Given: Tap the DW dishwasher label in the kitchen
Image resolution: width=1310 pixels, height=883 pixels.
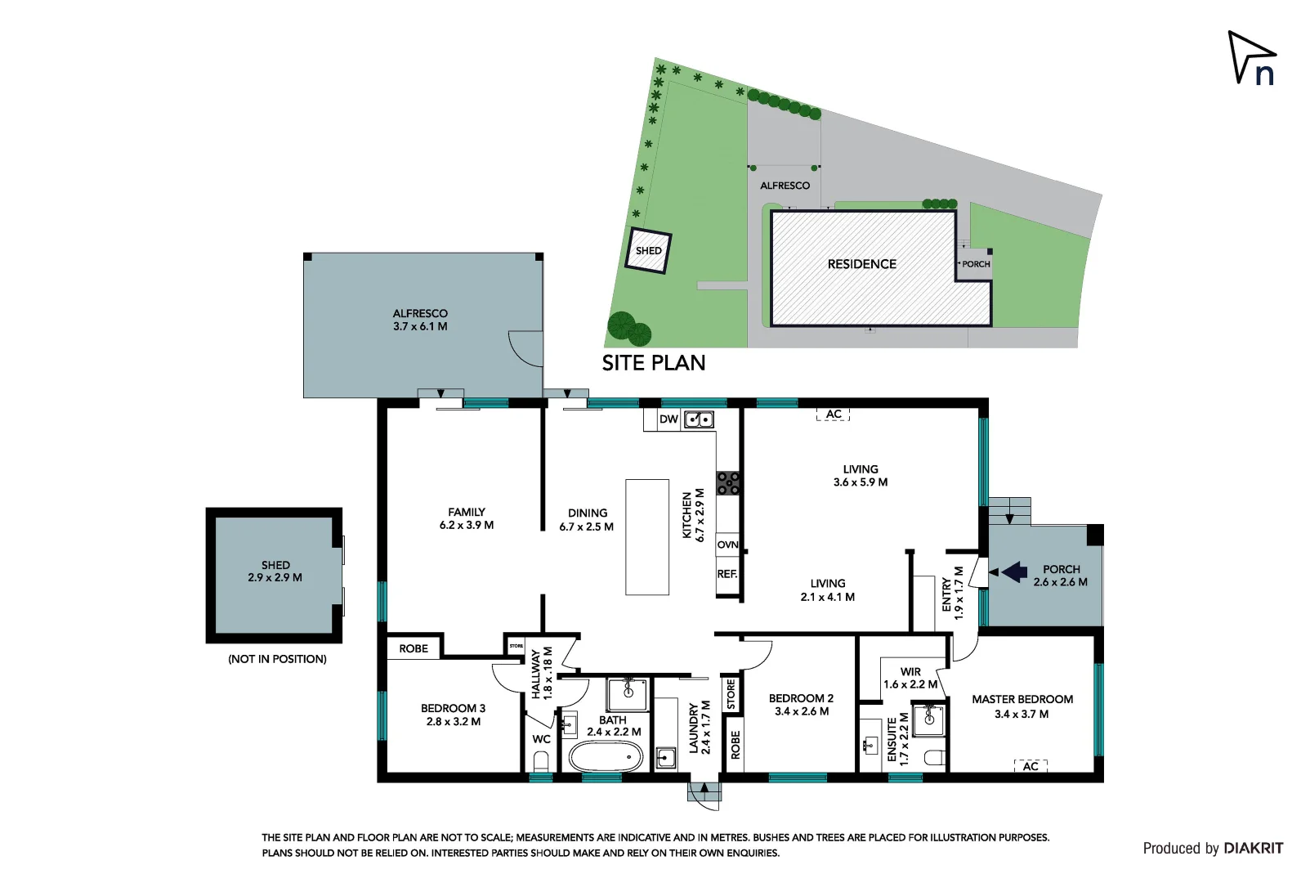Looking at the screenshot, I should pyautogui.click(x=668, y=419).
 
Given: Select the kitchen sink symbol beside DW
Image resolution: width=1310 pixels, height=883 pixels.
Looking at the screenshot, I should pyautogui.click(x=699, y=419).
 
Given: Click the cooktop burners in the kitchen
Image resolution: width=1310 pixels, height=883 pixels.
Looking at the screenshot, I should pyautogui.click(x=728, y=483).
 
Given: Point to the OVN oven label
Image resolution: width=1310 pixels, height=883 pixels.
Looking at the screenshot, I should pyautogui.click(x=727, y=545).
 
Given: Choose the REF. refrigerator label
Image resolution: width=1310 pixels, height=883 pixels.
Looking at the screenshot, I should pyautogui.click(x=727, y=574).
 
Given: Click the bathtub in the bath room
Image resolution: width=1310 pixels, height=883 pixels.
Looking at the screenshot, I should pyautogui.click(x=606, y=757).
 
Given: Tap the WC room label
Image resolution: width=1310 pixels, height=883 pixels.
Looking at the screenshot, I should pyautogui.click(x=541, y=739).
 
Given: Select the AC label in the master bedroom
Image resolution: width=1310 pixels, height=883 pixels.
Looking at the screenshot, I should pyautogui.click(x=1031, y=766).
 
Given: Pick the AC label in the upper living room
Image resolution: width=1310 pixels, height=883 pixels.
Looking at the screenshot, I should pyautogui.click(x=833, y=415).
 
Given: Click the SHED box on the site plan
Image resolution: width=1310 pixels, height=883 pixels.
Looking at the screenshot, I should pyautogui.click(x=648, y=250).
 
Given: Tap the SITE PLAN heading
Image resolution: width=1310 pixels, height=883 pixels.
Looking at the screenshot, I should pyautogui.click(x=653, y=363).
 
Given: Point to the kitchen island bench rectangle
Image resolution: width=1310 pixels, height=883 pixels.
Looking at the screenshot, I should pyautogui.click(x=647, y=536).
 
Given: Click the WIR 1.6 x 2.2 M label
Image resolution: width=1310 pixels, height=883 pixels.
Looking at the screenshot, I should pyautogui.click(x=910, y=678).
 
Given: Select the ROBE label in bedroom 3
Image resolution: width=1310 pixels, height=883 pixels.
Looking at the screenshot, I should pyautogui.click(x=414, y=648).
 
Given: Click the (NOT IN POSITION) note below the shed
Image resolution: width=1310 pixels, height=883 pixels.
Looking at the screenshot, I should pyautogui.click(x=277, y=659).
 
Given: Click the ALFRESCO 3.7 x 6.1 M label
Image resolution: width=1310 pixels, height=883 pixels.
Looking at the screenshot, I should pyautogui.click(x=420, y=320).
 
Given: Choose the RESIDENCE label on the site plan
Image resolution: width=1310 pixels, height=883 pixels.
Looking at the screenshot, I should pyautogui.click(x=861, y=264).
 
